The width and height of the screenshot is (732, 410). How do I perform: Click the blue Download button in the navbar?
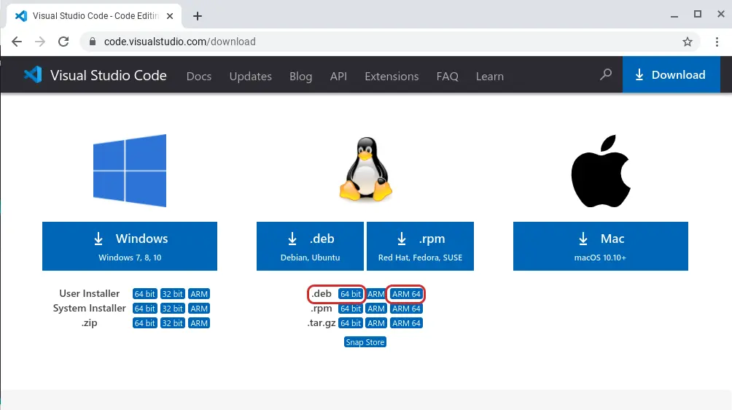(x=671, y=74)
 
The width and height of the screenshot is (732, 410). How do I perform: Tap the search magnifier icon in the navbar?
(x=605, y=74)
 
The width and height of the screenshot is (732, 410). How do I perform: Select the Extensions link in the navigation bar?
(x=392, y=76)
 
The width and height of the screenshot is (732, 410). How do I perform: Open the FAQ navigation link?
(x=447, y=76)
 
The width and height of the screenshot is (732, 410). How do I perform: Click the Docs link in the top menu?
(x=199, y=76)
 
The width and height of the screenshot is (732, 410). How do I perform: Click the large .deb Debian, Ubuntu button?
(x=310, y=246)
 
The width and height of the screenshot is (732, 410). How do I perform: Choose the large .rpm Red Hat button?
(x=420, y=246)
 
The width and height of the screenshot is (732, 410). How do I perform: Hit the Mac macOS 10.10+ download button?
(x=600, y=246)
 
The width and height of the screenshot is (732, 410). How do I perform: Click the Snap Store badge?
(x=365, y=342)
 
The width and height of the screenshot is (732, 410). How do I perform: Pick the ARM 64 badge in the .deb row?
(x=406, y=294)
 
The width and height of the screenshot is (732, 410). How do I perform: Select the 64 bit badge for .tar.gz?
(x=351, y=323)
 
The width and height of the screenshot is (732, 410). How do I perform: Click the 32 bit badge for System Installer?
(x=172, y=309)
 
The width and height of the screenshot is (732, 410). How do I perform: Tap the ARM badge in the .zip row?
(x=199, y=323)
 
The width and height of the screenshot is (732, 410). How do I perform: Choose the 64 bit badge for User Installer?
(x=144, y=294)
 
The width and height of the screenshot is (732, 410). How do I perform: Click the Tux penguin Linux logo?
(x=366, y=169)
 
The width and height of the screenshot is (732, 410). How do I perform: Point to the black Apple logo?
(x=601, y=171)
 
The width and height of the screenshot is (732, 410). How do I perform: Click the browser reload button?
(x=63, y=42)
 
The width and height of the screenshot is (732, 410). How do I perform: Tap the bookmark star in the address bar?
(x=688, y=42)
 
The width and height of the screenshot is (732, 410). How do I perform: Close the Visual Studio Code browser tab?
(x=170, y=16)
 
